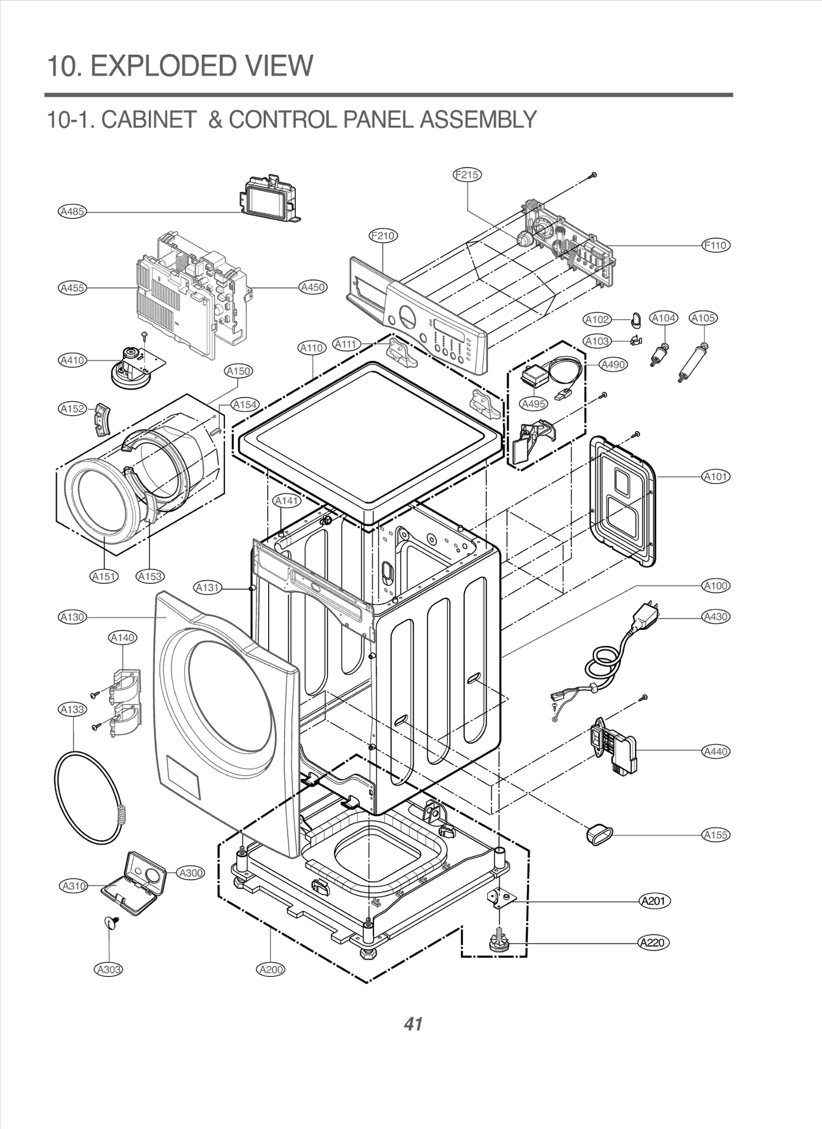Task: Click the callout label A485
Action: (72, 211)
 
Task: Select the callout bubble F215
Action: (467, 175)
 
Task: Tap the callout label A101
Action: (716, 476)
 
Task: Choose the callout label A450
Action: (313, 287)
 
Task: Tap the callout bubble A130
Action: (72, 617)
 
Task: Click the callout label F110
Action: (716, 245)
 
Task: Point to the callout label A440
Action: (716, 751)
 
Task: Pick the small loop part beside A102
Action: (636, 321)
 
